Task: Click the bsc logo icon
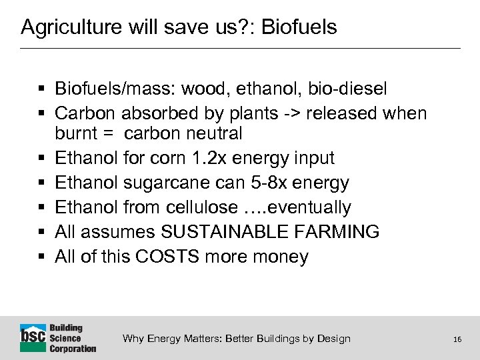(x=33, y=337)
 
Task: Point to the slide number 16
(x=457, y=339)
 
